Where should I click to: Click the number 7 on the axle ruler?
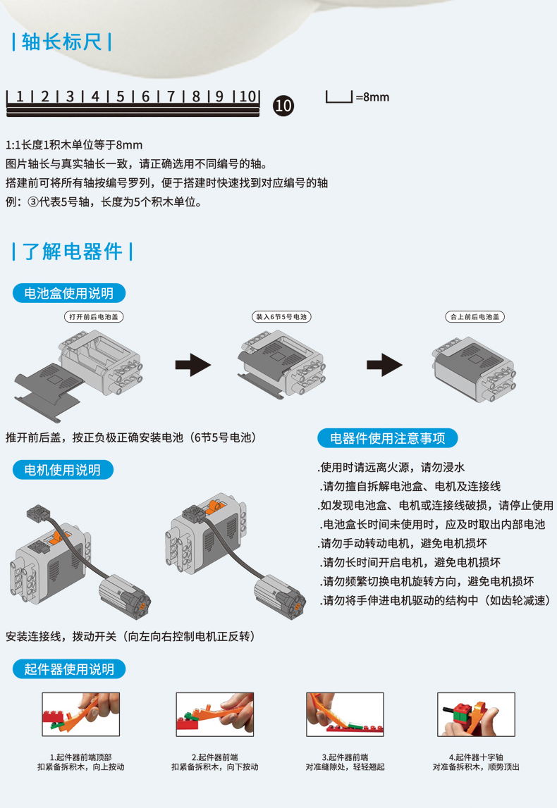click(x=171, y=97)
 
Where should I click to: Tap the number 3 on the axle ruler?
click(x=70, y=97)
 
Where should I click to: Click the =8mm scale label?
click(x=372, y=97)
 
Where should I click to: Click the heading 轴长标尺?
click(x=62, y=42)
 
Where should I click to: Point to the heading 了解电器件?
click(x=73, y=251)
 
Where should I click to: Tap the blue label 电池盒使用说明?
click(x=64, y=293)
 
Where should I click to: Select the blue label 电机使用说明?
click(x=63, y=470)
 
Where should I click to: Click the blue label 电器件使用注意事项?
click(x=388, y=438)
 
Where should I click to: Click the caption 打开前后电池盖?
click(x=93, y=317)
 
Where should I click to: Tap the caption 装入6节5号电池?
click(x=281, y=317)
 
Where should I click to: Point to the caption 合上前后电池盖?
click(x=475, y=317)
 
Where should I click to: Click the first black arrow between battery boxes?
click(x=193, y=365)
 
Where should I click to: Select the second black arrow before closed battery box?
click(x=384, y=365)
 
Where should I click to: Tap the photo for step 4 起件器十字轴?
click(x=476, y=714)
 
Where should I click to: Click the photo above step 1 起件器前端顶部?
click(x=80, y=714)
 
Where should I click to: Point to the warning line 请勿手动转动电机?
click(x=403, y=544)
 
